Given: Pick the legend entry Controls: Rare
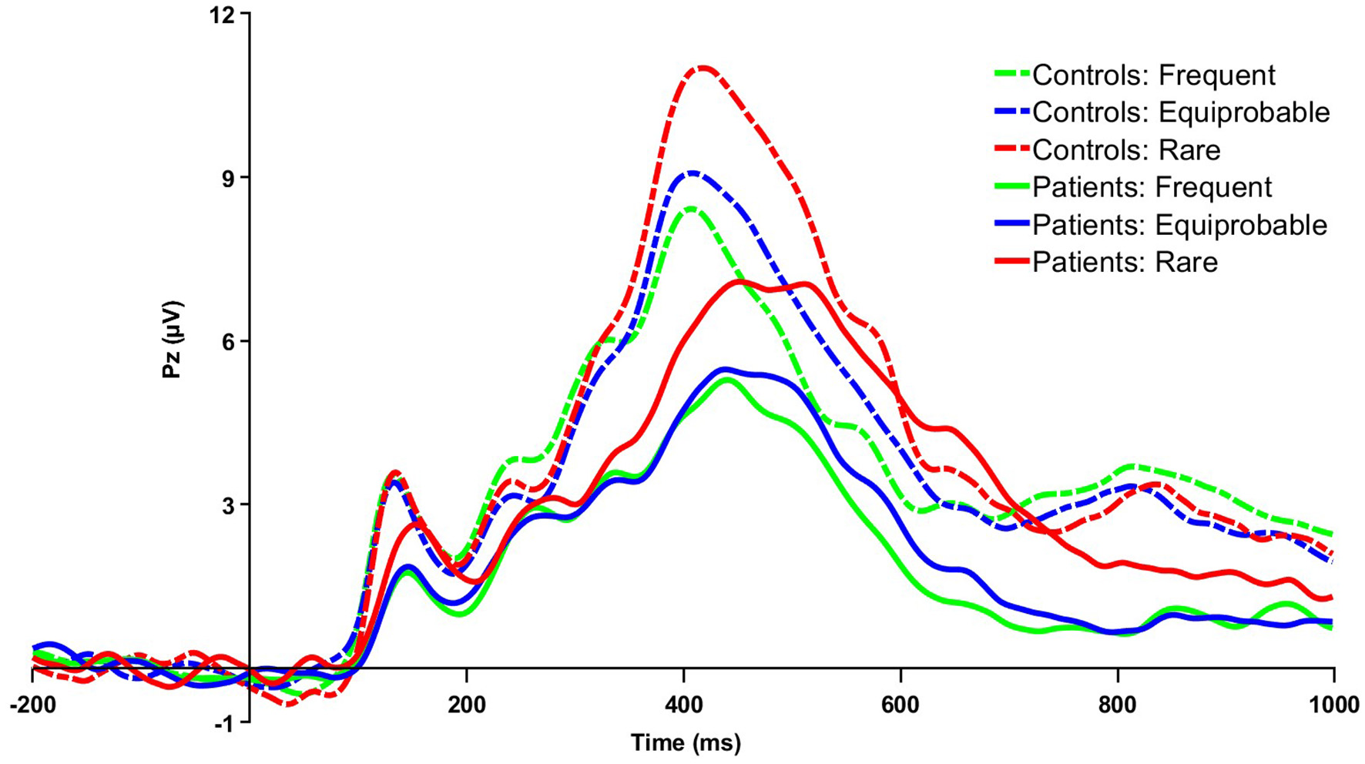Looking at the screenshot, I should click(x=1125, y=149).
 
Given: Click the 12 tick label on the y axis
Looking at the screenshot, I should click(x=226, y=14).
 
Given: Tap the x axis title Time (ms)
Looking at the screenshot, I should click(x=686, y=743).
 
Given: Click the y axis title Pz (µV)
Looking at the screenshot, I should click(x=173, y=340).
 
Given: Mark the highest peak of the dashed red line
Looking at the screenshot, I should click(x=703, y=69).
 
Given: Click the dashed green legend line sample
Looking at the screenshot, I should click(x=1011, y=75).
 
